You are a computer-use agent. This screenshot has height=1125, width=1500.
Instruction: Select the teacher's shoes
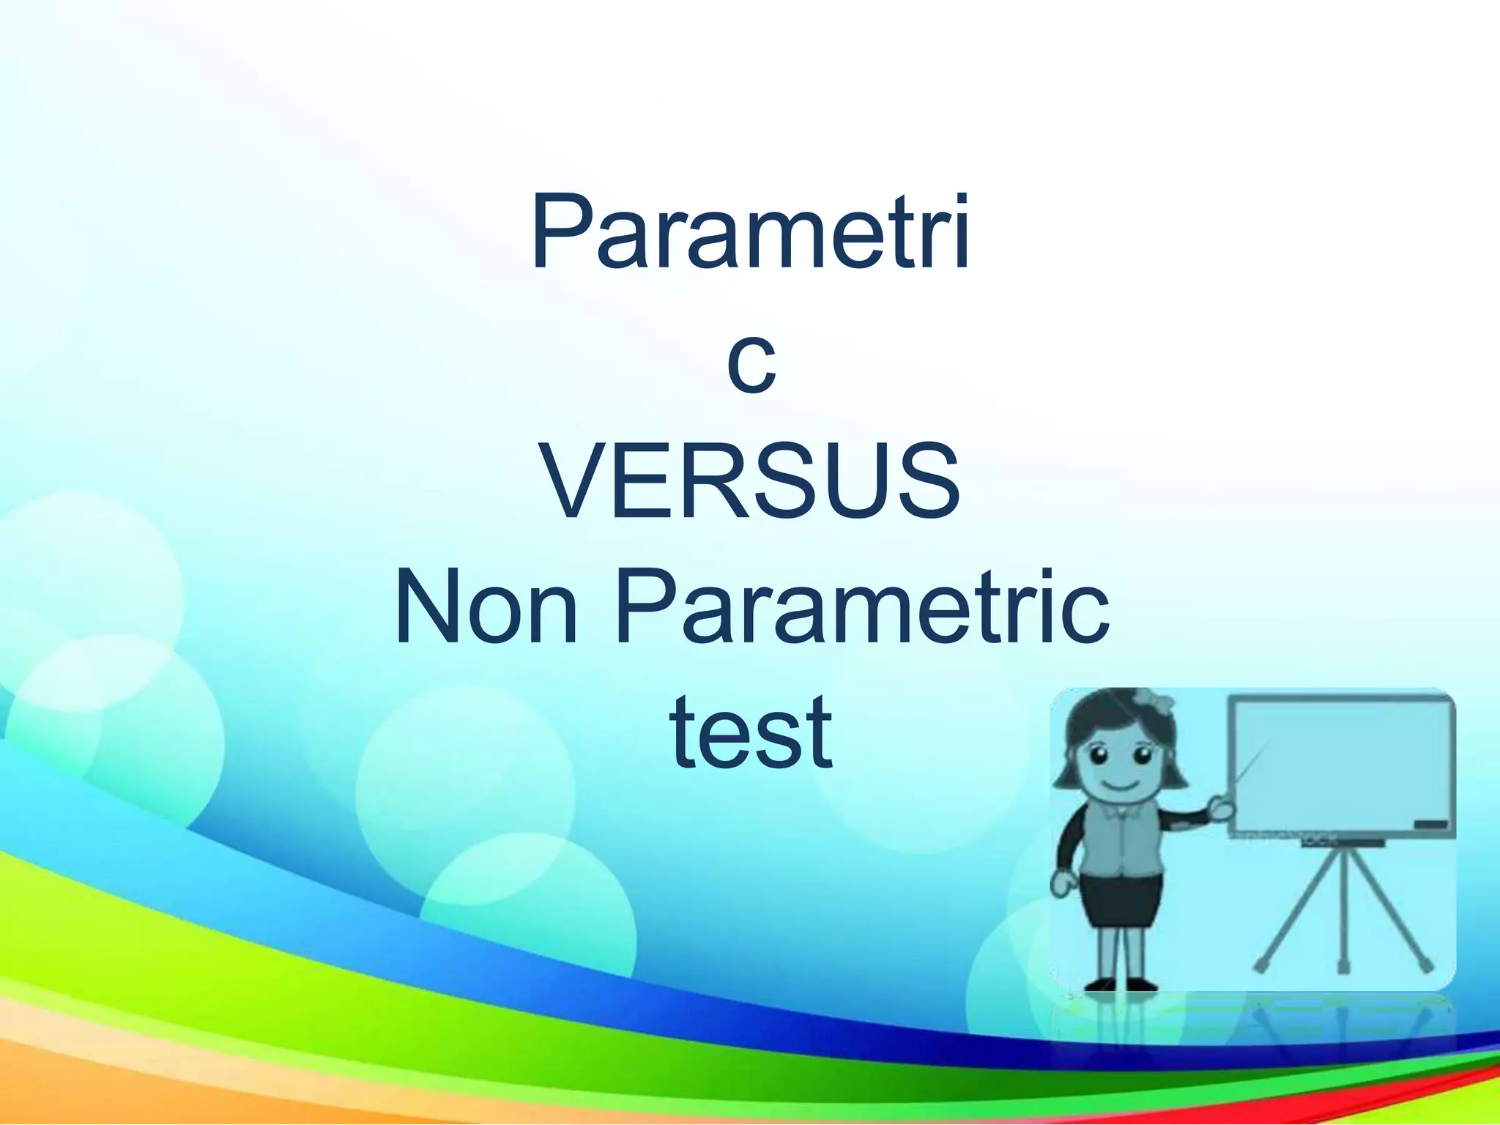click(1119, 986)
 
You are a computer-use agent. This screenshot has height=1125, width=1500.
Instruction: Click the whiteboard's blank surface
click(1340, 762)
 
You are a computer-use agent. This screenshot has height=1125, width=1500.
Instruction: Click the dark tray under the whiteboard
click(1342, 843)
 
